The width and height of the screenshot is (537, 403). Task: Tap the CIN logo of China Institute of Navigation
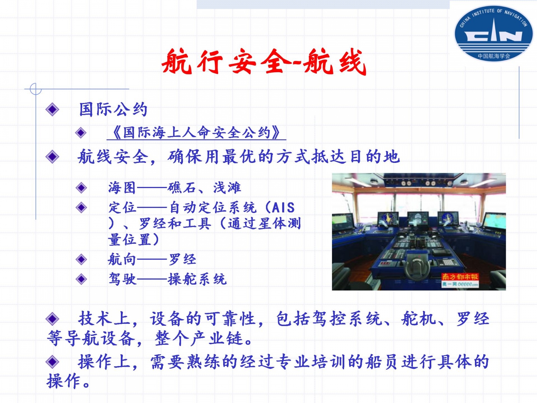coord(493,33)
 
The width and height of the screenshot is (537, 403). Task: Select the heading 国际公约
coord(113,109)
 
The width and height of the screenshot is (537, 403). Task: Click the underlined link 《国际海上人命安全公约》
coord(196,133)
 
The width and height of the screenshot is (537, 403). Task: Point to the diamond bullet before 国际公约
coord(52,109)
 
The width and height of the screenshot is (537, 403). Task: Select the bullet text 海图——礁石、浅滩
coord(175,188)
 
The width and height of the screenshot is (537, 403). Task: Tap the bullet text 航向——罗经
coord(152,259)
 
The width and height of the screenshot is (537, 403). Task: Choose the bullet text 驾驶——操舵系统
coord(167,279)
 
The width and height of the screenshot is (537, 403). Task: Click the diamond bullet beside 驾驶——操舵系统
coord(81,279)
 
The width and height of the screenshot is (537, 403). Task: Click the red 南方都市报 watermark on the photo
coord(460,277)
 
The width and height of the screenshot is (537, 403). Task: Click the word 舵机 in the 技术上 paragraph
coord(418,319)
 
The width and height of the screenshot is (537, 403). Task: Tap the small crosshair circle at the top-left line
coord(36,89)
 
